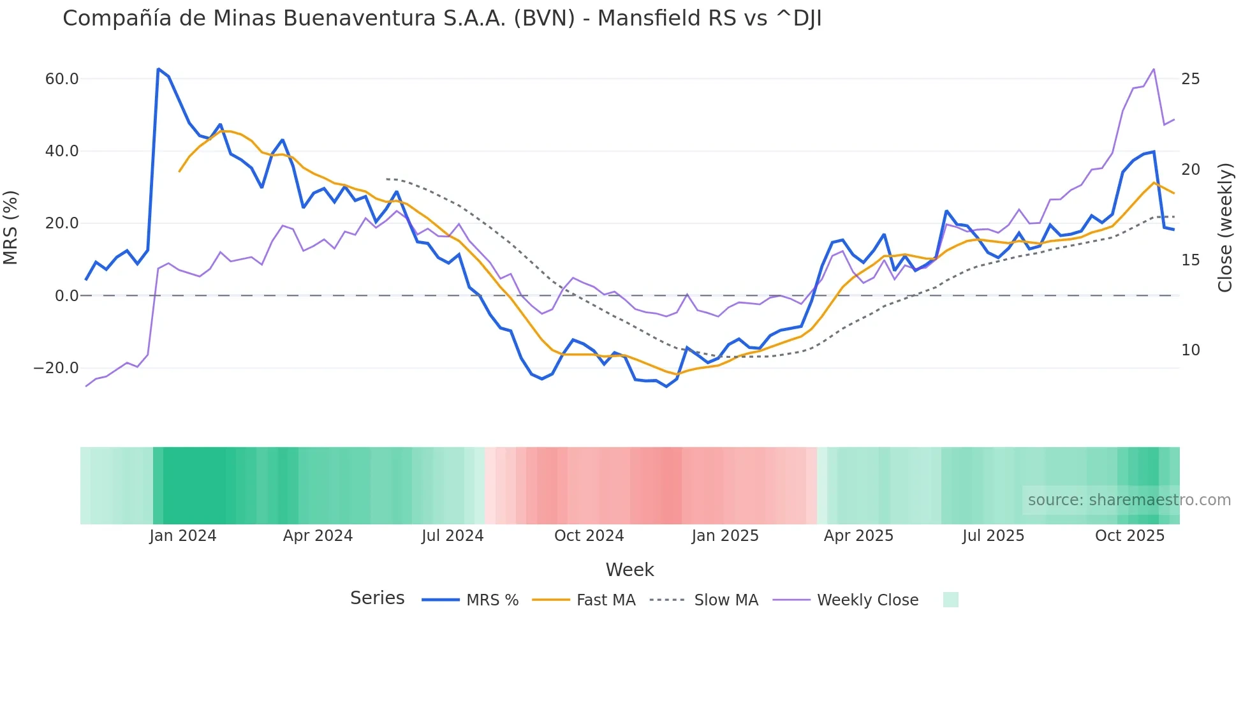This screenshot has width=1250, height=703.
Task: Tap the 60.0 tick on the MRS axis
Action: pyautogui.click(x=62, y=79)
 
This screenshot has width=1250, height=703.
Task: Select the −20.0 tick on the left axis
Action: pyautogui.click(x=56, y=368)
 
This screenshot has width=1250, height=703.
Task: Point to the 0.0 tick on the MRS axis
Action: pyautogui.click(x=67, y=296)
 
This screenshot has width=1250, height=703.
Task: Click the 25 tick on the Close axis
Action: pyautogui.click(x=1190, y=79)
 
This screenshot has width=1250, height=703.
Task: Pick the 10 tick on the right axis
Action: pyautogui.click(x=1190, y=350)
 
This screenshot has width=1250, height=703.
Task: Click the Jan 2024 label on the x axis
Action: pyautogui.click(x=183, y=536)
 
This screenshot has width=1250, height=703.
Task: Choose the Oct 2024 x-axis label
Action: pyautogui.click(x=589, y=536)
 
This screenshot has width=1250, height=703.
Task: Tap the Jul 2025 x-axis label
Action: pyautogui.click(x=993, y=536)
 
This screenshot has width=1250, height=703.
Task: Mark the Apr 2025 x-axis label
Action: pyautogui.click(x=858, y=536)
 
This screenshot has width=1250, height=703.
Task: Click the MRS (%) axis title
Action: pyautogui.click(x=11, y=228)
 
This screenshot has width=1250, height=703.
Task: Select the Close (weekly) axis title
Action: pyautogui.click(x=1225, y=228)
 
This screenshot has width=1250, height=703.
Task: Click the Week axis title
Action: pyautogui.click(x=629, y=570)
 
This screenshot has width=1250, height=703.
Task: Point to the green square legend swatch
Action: pyautogui.click(x=950, y=600)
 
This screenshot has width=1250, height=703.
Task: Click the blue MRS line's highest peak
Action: pyautogui.click(x=158, y=69)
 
